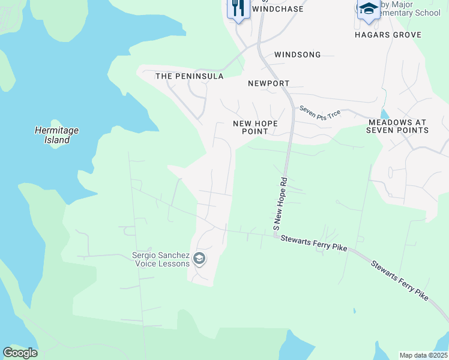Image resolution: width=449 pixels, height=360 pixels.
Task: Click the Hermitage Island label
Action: pyautogui.click(x=56, y=135)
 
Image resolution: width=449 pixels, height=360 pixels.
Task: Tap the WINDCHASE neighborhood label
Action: pyautogui.click(x=278, y=10)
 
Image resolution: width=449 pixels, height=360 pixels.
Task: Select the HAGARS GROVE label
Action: pyautogui.click(x=396, y=35)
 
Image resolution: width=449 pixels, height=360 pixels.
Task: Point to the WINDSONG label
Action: pyautogui.click(x=297, y=55)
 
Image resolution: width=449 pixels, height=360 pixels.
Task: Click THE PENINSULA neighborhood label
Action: pyautogui.click(x=189, y=76)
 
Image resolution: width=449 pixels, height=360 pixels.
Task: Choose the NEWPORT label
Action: pyautogui.click(x=269, y=84)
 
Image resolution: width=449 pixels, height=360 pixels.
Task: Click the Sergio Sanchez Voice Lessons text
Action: pyautogui.click(x=161, y=259)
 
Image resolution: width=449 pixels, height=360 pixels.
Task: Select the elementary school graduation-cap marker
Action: pyautogui.click(x=367, y=9)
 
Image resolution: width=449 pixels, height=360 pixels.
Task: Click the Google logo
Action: pyautogui.click(x=20, y=353)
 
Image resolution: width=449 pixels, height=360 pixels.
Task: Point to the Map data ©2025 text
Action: pyautogui.click(x=424, y=355)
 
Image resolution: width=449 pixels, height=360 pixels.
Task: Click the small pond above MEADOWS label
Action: pyautogui.click(x=384, y=113)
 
